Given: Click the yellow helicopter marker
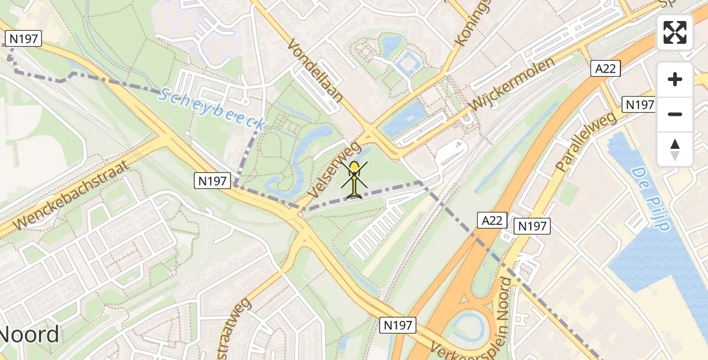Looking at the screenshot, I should [355, 179].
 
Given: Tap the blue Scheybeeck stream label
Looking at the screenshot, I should [213, 109].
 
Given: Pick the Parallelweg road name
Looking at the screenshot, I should [586, 142].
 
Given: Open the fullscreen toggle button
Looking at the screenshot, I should [675, 32].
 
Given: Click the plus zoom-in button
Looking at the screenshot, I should [675, 79].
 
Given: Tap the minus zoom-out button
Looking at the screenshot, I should [675, 114].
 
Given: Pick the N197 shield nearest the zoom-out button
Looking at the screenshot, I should [639, 104].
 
